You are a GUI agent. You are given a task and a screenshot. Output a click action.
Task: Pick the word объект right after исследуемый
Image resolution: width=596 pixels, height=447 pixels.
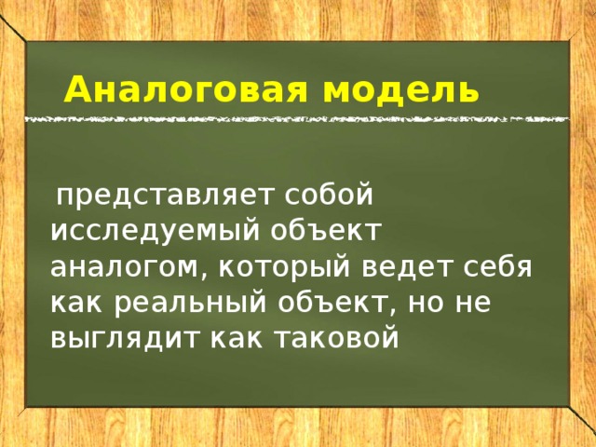(x=325, y=230)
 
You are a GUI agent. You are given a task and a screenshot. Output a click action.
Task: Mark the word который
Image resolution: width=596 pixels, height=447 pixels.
(x=284, y=266)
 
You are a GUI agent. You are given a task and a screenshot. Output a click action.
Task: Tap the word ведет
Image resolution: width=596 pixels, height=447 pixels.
(x=405, y=266)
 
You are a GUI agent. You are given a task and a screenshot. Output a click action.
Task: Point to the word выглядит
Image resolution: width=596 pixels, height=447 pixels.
(x=125, y=339)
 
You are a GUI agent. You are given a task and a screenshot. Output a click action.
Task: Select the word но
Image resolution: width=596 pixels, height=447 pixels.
(x=426, y=304)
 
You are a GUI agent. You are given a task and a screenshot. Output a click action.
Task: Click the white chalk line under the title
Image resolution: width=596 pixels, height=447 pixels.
(x=297, y=119)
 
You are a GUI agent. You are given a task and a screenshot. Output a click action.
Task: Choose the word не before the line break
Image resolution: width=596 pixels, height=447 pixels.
(x=473, y=304)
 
